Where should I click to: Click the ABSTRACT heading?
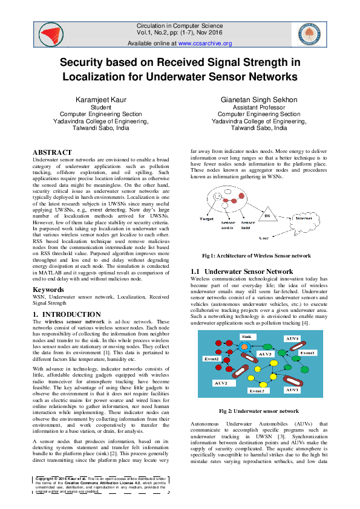click(52, 153)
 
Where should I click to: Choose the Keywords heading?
click(48, 290)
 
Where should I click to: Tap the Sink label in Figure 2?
click(246, 336)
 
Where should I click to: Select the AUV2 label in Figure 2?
click(220, 383)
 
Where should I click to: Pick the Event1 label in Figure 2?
click(307, 352)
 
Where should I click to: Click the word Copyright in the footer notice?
click(48, 477)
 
